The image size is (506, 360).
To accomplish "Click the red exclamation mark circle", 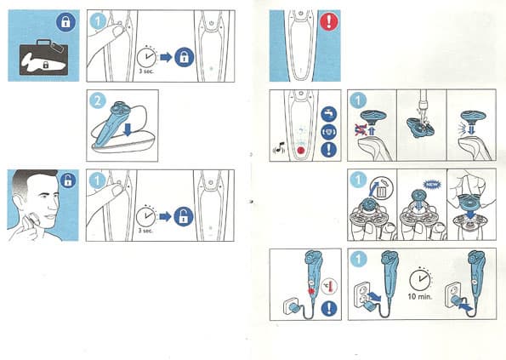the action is pyautogui.click(x=329, y=21).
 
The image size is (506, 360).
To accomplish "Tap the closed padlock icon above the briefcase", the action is pyautogui.click(x=65, y=22).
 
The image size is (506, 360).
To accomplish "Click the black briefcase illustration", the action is pyautogui.click(x=44, y=58).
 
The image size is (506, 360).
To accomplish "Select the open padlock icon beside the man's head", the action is pyautogui.click(x=68, y=180).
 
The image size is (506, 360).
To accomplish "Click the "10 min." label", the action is pyautogui.click(x=419, y=296).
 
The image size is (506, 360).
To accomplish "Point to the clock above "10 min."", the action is pyautogui.click(x=420, y=280).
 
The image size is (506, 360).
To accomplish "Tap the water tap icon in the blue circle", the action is pyautogui.click(x=329, y=114).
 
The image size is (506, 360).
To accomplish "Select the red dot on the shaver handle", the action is pyautogui.click(x=301, y=151).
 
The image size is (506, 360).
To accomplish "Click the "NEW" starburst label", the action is pyautogui.click(x=432, y=185).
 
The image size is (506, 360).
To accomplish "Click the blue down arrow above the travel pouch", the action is pyautogui.click(x=128, y=129).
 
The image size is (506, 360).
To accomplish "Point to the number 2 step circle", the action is pyautogui.click(x=97, y=100).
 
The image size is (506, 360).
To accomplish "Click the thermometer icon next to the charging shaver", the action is pyautogui.click(x=329, y=287).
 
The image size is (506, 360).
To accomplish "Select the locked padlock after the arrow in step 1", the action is pyautogui.click(x=184, y=57).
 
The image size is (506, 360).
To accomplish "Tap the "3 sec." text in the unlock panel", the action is pyautogui.click(x=145, y=231).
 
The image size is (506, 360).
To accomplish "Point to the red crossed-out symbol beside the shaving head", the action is pyautogui.click(x=360, y=130).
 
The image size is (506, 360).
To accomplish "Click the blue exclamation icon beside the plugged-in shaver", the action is pyautogui.click(x=329, y=309).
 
